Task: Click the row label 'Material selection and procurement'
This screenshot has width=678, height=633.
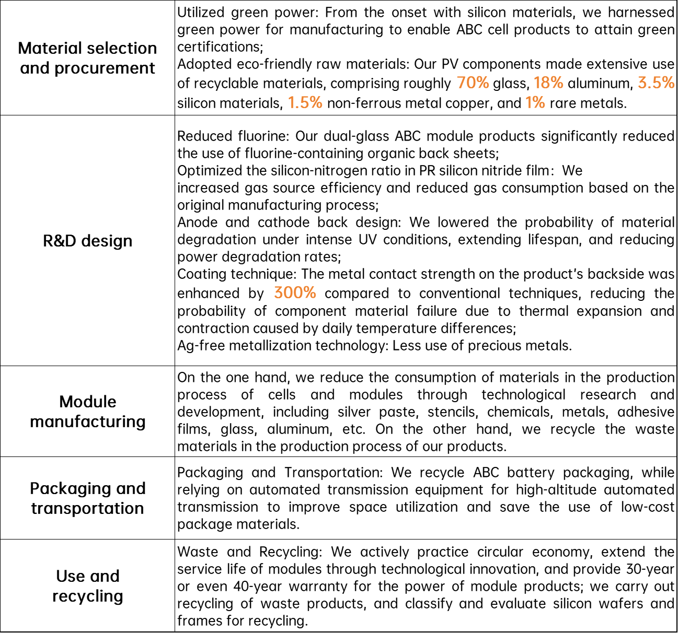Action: (87, 58)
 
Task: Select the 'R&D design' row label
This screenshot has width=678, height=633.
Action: (87, 241)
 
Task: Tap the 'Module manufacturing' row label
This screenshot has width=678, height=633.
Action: (87, 412)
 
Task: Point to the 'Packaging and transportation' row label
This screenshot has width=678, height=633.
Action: (87, 498)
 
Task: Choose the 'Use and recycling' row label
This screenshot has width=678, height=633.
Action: (87, 586)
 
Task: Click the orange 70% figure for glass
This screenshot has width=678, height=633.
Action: (473, 83)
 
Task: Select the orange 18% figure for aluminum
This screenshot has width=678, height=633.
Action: (548, 83)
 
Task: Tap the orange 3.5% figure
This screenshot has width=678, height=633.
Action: (656, 83)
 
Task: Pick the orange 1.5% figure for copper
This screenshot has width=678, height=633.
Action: (305, 102)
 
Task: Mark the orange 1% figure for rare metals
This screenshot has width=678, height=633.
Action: (535, 102)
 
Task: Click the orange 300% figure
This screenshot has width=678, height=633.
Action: (295, 292)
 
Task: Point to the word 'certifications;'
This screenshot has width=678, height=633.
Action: (220, 47)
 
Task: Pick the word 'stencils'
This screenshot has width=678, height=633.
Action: (452, 412)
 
